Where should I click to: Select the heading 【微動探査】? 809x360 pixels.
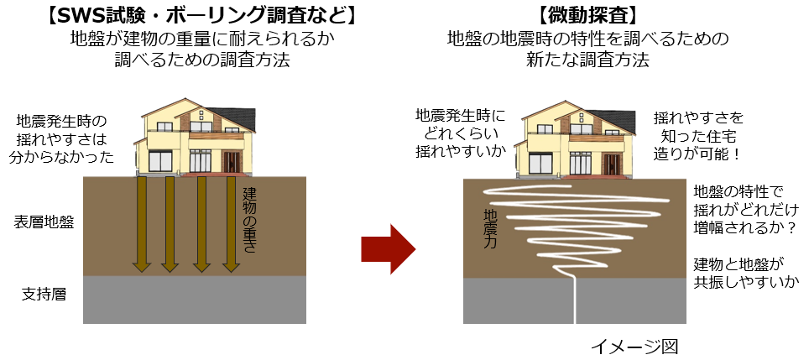click(587, 15)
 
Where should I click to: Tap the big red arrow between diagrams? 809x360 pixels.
click(388, 248)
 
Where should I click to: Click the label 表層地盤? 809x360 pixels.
click(44, 222)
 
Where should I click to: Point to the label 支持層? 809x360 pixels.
click(44, 295)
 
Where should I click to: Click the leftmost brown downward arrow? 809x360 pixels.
click(141, 225)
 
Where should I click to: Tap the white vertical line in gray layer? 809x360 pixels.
click(576, 302)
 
